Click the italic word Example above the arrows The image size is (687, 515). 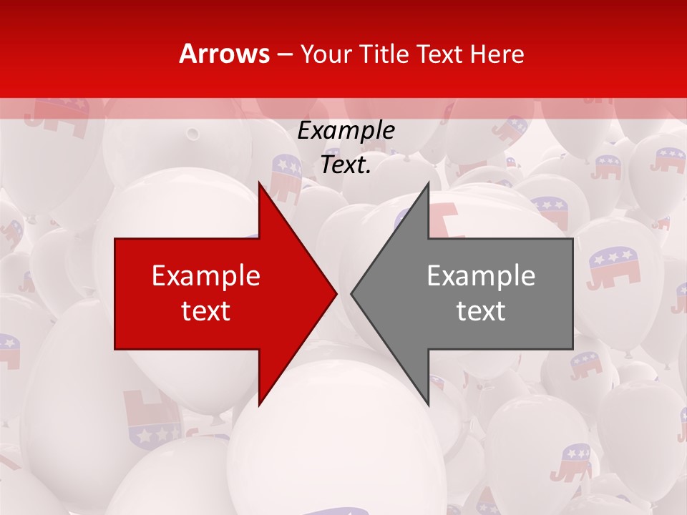coord(346,130)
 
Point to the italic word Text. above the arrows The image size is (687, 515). coord(346,165)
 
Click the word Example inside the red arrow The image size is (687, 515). coord(206,276)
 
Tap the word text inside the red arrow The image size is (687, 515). coord(206,310)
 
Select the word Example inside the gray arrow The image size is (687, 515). coord(481,276)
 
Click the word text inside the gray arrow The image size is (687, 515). coord(481,310)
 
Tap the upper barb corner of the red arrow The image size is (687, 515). coord(260,183)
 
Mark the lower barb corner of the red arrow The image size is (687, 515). coord(260,404)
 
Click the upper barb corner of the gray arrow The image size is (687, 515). coord(428,183)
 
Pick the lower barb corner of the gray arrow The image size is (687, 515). coord(428,404)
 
